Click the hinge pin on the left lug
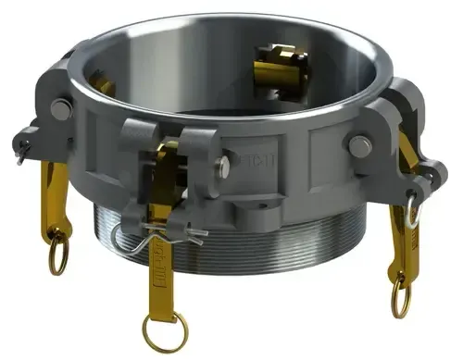point(60,109)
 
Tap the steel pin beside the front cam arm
point(223,167)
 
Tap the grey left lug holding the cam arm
point(51,120)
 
